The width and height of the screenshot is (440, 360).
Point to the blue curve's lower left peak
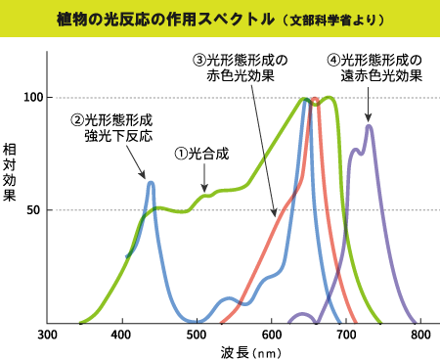coord(151,182)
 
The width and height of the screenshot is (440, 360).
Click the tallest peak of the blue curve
coord(305,100)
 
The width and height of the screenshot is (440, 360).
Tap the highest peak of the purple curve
coord(369,125)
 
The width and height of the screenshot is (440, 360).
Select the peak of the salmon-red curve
coord(315,100)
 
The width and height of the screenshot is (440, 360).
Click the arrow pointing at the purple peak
coord(368,105)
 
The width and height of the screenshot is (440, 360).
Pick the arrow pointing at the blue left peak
coord(136,162)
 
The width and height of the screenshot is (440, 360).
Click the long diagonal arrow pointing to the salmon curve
coord(262,147)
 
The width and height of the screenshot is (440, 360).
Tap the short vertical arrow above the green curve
coord(204,178)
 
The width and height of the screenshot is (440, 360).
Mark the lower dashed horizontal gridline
coord(98,209)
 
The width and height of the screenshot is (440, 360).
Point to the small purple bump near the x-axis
coord(303,316)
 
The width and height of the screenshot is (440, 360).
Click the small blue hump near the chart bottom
coord(229,299)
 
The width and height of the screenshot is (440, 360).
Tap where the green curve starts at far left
coord(80,322)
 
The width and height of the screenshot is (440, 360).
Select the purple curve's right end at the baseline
coord(415,321)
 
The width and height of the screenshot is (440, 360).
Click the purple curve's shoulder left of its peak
coord(354,151)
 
